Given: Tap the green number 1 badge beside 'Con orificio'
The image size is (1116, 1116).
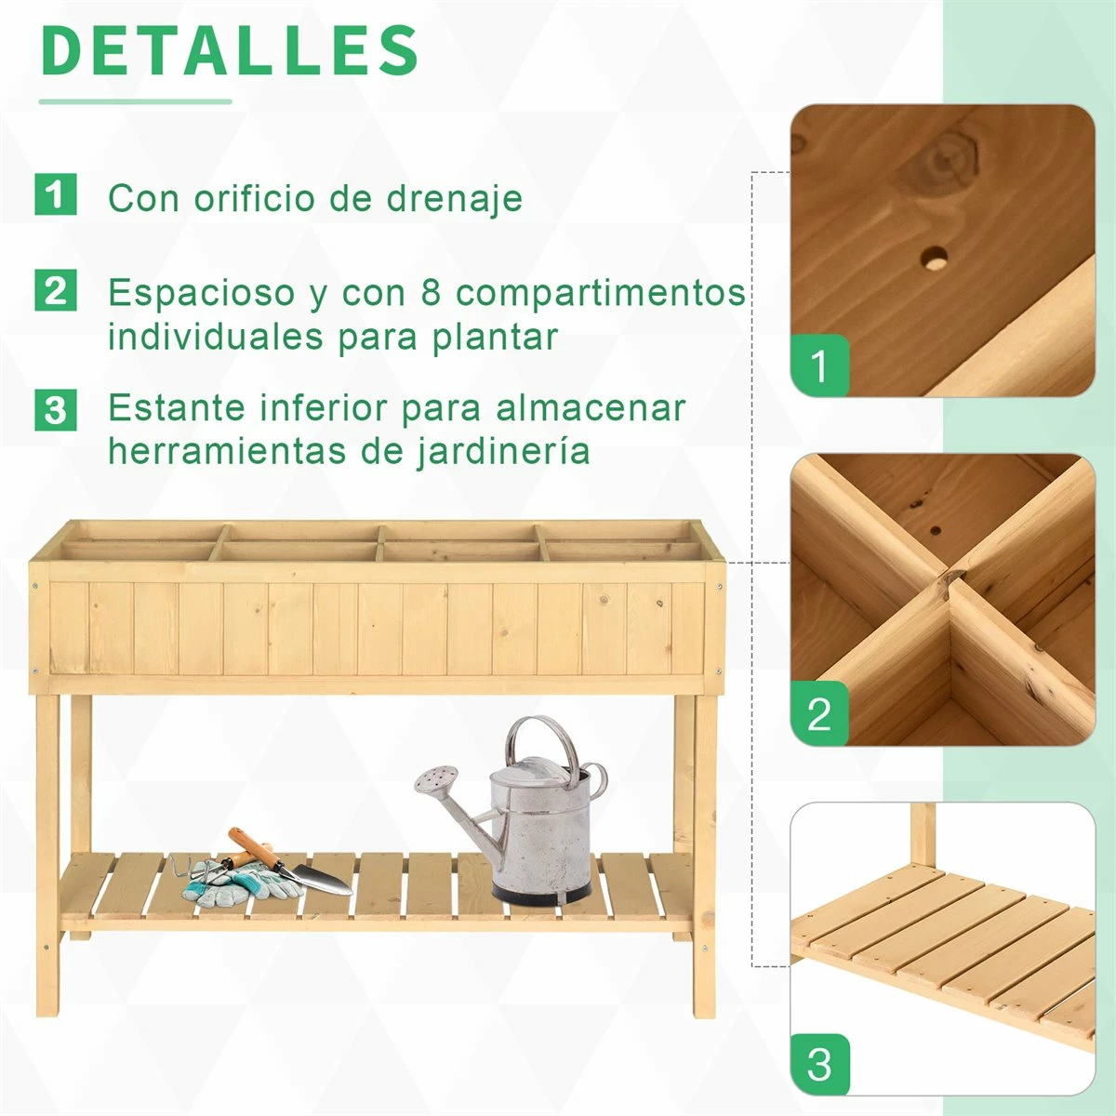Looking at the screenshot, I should pyautogui.click(x=56, y=195).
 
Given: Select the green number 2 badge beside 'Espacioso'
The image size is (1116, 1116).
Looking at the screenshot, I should pyautogui.click(x=56, y=291).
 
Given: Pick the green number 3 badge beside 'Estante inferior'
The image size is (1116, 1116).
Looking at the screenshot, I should pyautogui.click(x=56, y=409).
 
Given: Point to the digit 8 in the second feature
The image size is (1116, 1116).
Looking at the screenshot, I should pyautogui.click(x=431, y=292).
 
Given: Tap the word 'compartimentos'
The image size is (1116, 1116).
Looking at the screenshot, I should pyautogui.click(x=601, y=293).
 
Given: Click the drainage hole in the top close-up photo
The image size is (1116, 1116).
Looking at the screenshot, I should pyautogui.click(x=933, y=258).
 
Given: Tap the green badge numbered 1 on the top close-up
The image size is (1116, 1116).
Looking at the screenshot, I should pyautogui.click(x=819, y=365).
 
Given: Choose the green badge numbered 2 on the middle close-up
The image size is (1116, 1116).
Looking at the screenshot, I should pyautogui.click(x=819, y=714).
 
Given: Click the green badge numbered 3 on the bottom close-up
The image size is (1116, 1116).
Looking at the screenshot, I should pyautogui.click(x=819, y=1064).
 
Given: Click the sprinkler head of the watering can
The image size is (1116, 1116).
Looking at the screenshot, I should pyautogui.click(x=437, y=778).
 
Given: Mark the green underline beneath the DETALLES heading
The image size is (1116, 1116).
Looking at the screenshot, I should pyautogui.click(x=135, y=101).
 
